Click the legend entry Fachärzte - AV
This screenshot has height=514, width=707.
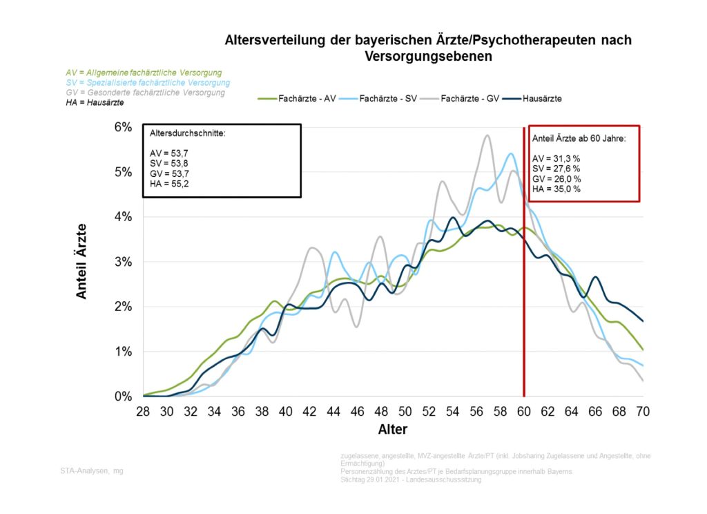297,98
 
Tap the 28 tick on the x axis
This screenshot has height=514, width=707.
144,410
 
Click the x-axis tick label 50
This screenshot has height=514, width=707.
406,410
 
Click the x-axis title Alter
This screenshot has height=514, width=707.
392,430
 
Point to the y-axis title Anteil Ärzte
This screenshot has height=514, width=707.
81,261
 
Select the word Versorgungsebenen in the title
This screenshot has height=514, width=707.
428,57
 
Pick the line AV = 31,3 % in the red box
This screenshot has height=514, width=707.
556,158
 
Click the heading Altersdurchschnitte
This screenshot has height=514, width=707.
186,133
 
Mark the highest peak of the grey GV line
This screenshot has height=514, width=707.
487,135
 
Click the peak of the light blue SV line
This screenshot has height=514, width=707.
510,154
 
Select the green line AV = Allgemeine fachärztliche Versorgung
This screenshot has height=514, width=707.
144,73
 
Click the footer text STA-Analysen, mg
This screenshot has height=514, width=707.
91,470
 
